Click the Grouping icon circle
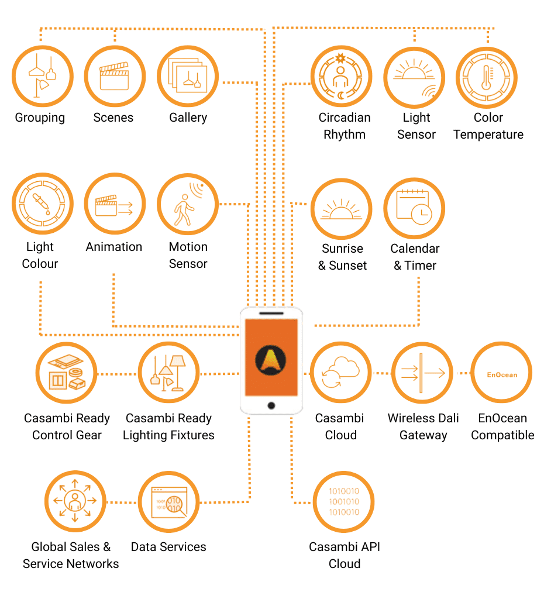pyautogui.click(x=42, y=76)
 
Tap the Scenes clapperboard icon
pyautogui.click(x=114, y=76)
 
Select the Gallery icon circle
pyautogui.click(x=187, y=76)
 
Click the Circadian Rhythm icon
pyautogui.click(x=341, y=76)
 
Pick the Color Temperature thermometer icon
pyautogui.click(x=486, y=77)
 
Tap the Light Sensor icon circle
pyautogui.click(x=414, y=77)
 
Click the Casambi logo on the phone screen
pyautogui.click(x=271, y=360)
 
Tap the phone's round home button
pyautogui.click(x=271, y=405)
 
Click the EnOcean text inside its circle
pyautogui.click(x=502, y=374)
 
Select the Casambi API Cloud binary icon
pyautogui.click(x=344, y=501)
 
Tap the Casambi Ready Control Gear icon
pyautogui.click(x=66, y=373)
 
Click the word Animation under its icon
pyautogui.click(x=114, y=247)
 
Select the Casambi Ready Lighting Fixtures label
pyautogui.click(x=168, y=426)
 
